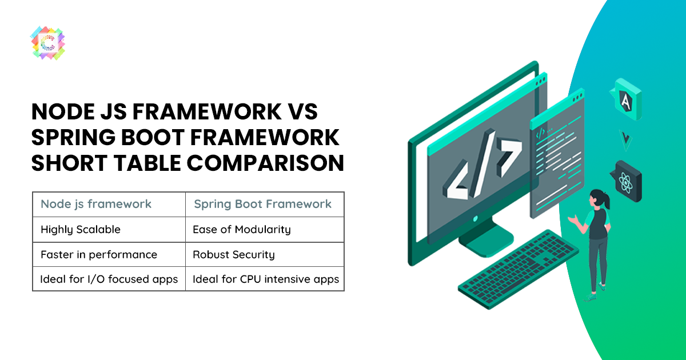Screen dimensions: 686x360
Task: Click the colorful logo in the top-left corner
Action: (x=48, y=43)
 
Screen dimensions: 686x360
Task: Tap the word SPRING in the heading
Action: (x=73, y=138)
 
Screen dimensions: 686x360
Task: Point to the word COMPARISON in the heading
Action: (x=265, y=163)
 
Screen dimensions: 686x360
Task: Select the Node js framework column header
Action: (x=96, y=204)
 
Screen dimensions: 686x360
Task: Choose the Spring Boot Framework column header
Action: (x=263, y=204)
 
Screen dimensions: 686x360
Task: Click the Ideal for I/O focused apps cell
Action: (x=109, y=279)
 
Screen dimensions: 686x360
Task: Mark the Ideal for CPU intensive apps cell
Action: (x=265, y=279)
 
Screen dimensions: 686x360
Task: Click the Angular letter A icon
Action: (x=626, y=99)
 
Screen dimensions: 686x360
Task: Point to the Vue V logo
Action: (x=625, y=140)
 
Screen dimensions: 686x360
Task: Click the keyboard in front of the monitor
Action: (x=518, y=269)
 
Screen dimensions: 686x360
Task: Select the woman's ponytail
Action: (x=606, y=201)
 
